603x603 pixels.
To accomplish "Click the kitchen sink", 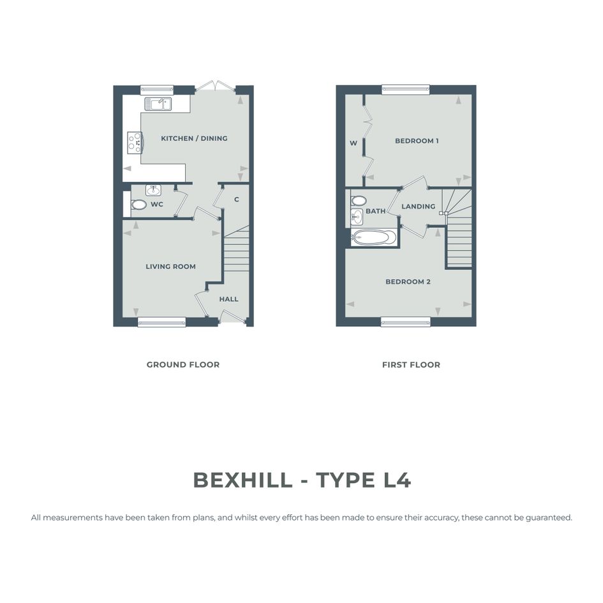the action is click(158, 104).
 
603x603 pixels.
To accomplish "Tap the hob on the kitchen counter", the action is click(135, 143).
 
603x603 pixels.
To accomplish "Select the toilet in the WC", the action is click(138, 204).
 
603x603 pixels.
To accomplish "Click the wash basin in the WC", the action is click(153, 190).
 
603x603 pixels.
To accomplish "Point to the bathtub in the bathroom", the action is click(373, 237).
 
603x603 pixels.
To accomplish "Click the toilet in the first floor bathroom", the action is click(359, 200).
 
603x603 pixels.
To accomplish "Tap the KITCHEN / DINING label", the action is click(194, 138).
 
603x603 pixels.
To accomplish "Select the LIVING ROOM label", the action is click(171, 267).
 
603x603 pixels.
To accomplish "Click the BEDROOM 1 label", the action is click(417, 141).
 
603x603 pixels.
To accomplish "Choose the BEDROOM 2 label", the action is click(408, 281).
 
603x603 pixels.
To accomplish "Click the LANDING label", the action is click(419, 207).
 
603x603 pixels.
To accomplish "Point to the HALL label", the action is click(229, 299).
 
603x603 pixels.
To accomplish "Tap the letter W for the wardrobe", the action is click(354, 143).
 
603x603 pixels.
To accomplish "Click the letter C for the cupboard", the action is click(237, 199).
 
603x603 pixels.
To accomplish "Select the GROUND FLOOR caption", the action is click(183, 364).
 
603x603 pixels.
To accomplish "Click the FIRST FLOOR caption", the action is click(411, 364).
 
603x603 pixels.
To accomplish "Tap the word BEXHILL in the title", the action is click(242, 480).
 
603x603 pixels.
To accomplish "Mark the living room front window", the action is click(161, 322).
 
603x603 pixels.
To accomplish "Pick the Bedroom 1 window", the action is click(405, 89).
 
